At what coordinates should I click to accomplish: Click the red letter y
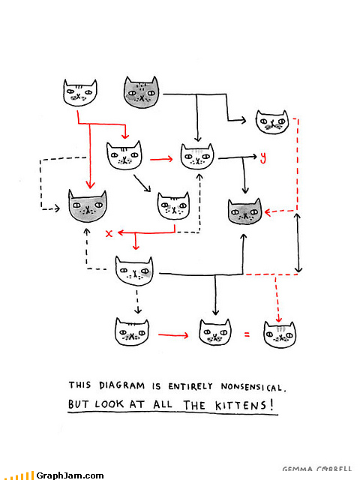pyautogui.click(x=263, y=157)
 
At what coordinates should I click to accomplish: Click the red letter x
pyautogui.click(x=109, y=233)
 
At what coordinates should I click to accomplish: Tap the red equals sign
pyautogui.click(x=247, y=334)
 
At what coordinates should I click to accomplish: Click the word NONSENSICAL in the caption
pyautogui.click(x=253, y=387)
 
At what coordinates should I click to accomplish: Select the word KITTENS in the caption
pyautogui.click(x=241, y=406)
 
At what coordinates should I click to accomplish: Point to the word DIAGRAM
pyautogui.click(x=121, y=385)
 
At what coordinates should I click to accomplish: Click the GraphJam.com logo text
pyautogui.click(x=70, y=475)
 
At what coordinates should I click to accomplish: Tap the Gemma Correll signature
pyautogui.click(x=316, y=469)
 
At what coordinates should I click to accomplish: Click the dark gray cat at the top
pyautogui.click(x=142, y=92)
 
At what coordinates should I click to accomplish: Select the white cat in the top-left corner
pyautogui.click(x=80, y=93)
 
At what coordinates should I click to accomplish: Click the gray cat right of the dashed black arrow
pyautogui.click(x=88, y=206)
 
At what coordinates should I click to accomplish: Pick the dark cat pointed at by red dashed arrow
pyautogui.click(x=245, y=211)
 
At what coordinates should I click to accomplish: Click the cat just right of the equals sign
pyautogui.click(x=280, y=334)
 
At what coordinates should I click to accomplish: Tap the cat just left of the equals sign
pyautogui.click(x=215, y=332)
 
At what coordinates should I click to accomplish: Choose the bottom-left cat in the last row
pyautogui.click(x=132, y=331)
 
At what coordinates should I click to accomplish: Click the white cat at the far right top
pyautogui.click(x=272, y=121)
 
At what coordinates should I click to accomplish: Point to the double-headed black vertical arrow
pyautogui.click(x=298, y=243)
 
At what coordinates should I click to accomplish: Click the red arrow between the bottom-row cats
pyautogui.click(x=173, y=335)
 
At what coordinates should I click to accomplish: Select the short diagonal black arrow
pyautogui.click(x=142, y=183)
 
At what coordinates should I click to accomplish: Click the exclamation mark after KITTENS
pyautogui.click(x=271, y=405)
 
